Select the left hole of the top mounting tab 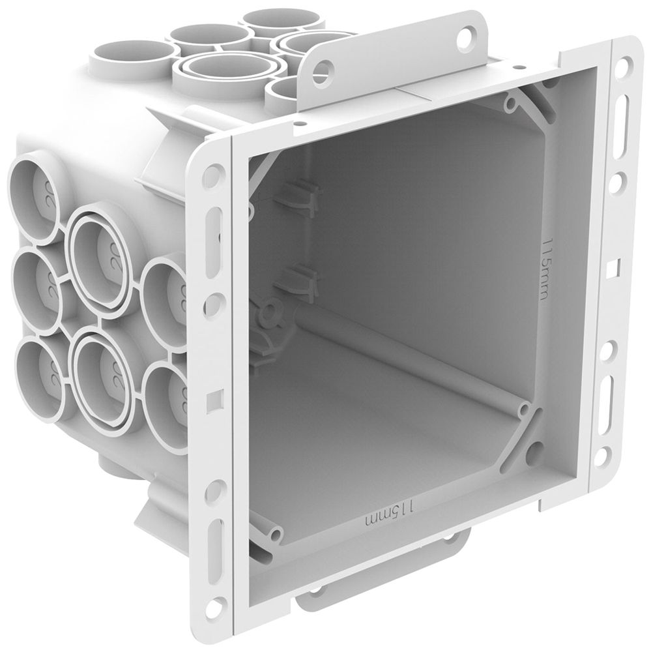pyautogui.click(x=330, y=67)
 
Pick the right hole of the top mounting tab pyautogui.click(x=466, y=38)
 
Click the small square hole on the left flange pyautogui.click(x=212, y=396)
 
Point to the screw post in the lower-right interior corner pyautogui.click(x=524, y=412)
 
